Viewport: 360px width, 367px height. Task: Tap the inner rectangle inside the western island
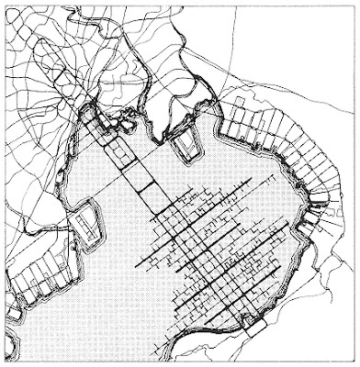(x=85, y=225)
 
